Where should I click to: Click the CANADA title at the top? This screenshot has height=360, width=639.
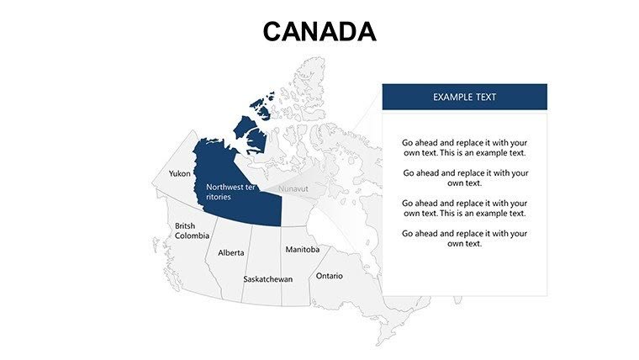(x=319, y=31)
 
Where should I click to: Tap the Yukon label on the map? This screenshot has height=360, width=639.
(x=179, y=173)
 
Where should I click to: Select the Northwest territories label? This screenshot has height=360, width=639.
(x=230, y=192)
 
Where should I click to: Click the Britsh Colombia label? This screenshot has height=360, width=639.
(x=192, y=231)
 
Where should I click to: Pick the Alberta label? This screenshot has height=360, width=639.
(x=231, y=252)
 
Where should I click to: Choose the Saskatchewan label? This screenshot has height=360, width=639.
(x=267, y=279)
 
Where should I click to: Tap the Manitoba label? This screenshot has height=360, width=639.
(x=302, y=250)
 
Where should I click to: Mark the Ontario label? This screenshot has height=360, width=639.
(x=329, y=276)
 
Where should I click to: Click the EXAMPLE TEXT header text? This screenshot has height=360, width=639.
(x=464, y=97)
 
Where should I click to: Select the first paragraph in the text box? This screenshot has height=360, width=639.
(x=464, y=148)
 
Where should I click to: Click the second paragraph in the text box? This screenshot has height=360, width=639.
(x=464, y=177)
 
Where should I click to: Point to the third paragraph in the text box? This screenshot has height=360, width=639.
(x=464, y=208)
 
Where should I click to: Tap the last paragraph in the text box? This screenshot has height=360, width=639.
(x=464, y=238)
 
